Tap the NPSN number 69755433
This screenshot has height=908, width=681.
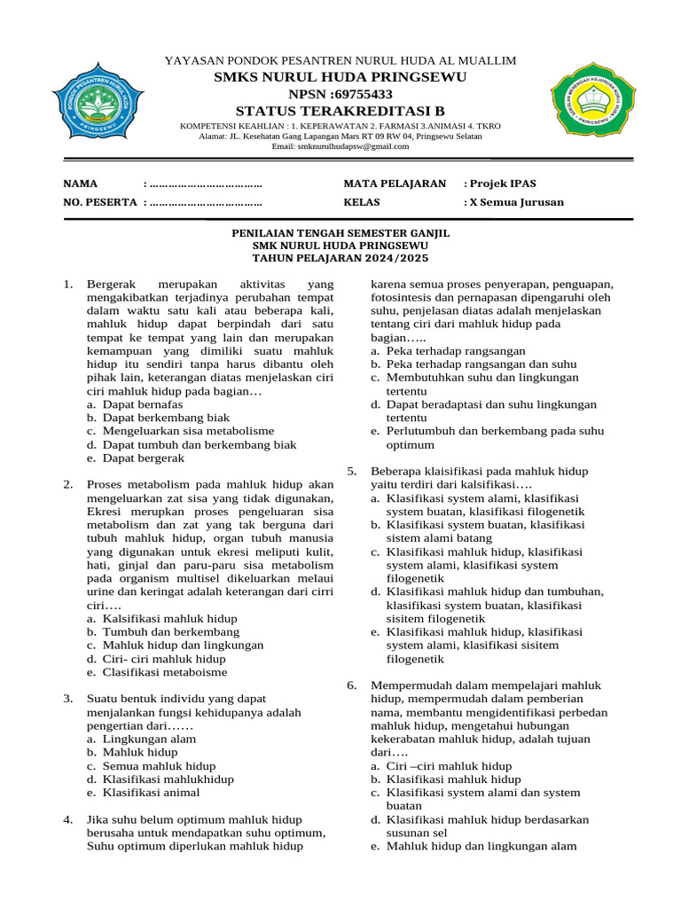click(340, 95)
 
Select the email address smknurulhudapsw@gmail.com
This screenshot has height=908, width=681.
click(340, 146)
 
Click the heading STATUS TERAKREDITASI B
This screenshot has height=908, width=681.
click(340, 111)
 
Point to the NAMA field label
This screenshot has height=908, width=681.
click(80, 184)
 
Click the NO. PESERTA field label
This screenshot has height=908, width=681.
click(99, 202)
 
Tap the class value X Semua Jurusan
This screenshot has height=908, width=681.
click(514, 202)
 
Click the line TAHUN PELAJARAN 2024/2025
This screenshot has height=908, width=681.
click(340, 258)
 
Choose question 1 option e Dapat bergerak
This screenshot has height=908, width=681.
click(143, 458)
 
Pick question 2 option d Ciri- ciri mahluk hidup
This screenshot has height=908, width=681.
click(163, 659)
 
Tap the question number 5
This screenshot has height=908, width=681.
click(351, 471)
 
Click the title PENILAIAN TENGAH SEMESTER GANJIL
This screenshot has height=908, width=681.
click(340, 232)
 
